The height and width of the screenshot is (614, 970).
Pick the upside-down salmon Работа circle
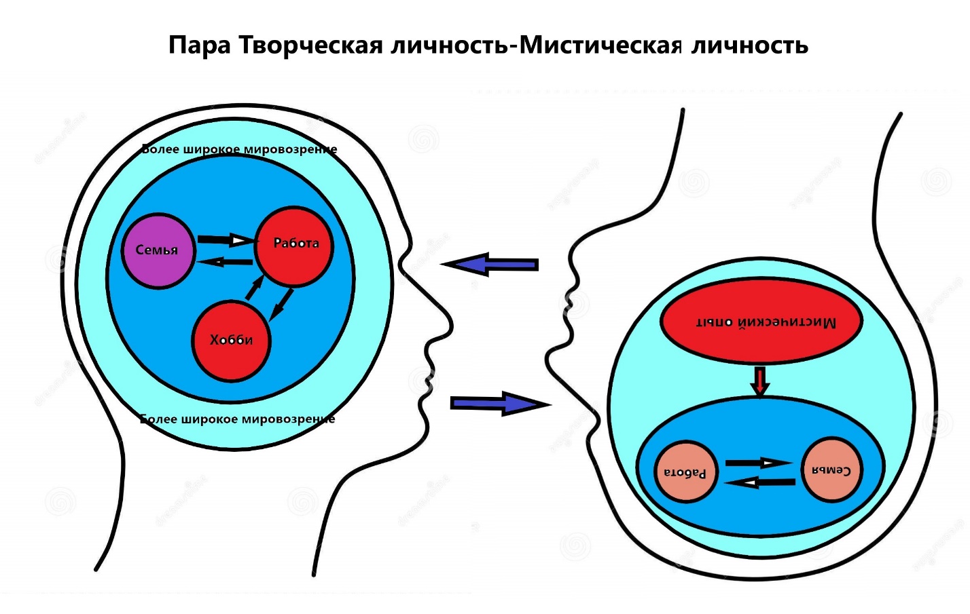(685, 472)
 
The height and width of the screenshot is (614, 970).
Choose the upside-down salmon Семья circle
(832, 470)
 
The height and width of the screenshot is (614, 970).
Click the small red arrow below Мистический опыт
(760, 381)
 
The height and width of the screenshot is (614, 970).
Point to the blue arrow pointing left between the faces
(490, 264)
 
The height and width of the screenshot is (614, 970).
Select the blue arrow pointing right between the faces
(499, 404)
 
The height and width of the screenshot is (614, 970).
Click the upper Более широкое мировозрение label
(239, 149)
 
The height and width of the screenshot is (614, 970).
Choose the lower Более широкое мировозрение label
(238, 419)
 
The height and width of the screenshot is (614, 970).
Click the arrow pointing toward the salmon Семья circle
(759, 463)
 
